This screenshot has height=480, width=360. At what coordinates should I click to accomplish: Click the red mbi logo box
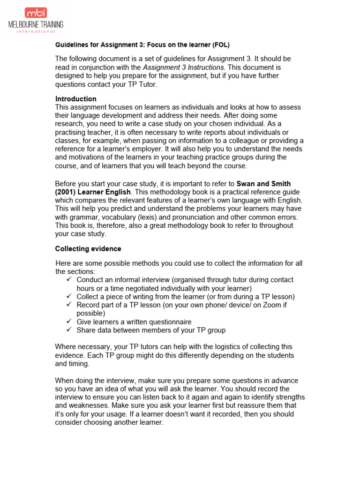click(36, 13)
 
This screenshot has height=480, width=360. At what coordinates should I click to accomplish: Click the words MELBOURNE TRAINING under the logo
click(36, 25)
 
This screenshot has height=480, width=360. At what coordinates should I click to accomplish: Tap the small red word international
click(36, 32)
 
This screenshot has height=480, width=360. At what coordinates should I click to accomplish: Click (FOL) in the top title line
click(221, 45)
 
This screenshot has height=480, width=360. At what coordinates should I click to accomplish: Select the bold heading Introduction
click(76, 99)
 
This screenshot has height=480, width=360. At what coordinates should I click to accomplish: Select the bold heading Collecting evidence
click(88, 249)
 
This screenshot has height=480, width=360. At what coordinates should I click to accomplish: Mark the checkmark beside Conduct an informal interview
click(69, 280)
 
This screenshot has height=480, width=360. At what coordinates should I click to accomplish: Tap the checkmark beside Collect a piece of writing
click(69, 297)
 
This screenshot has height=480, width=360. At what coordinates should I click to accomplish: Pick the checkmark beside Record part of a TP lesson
click(69, 305)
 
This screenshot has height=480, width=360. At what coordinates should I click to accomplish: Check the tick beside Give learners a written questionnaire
click(69, 322)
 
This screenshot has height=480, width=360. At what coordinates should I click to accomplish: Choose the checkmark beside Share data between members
click(69, 330)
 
